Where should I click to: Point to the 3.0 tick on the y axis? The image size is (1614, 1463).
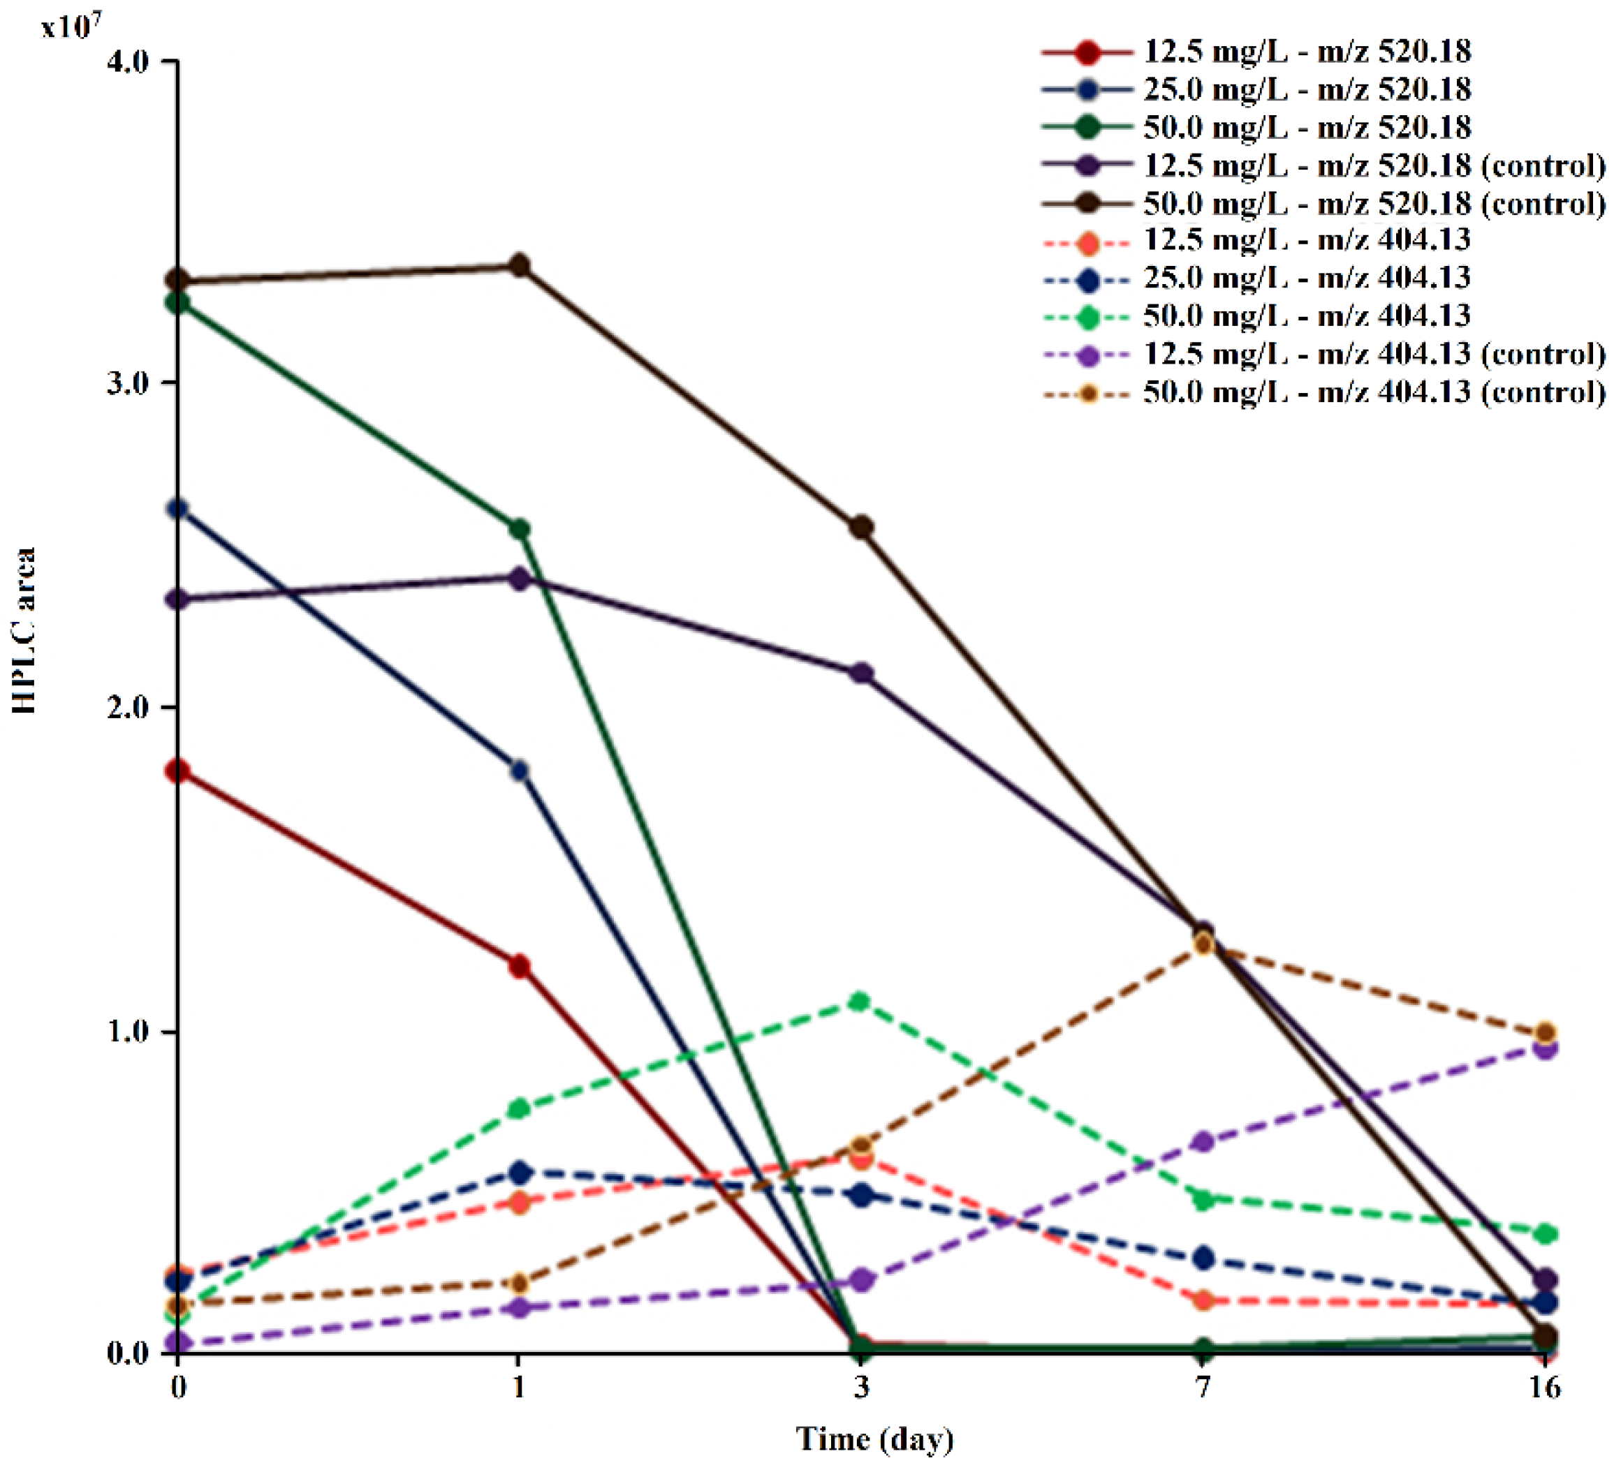128,383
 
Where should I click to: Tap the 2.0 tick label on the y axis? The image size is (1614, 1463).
128,708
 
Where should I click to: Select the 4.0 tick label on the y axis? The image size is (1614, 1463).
128,61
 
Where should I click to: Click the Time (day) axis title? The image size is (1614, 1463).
874,1438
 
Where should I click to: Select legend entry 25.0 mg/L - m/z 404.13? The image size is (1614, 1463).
1306,278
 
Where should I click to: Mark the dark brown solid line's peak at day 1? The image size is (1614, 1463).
520,266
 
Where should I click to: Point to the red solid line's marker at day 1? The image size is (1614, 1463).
520,967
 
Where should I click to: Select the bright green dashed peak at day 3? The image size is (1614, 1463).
860,1002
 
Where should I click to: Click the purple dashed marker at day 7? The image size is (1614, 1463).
1203,1142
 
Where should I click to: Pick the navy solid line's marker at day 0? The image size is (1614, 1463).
177,509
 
